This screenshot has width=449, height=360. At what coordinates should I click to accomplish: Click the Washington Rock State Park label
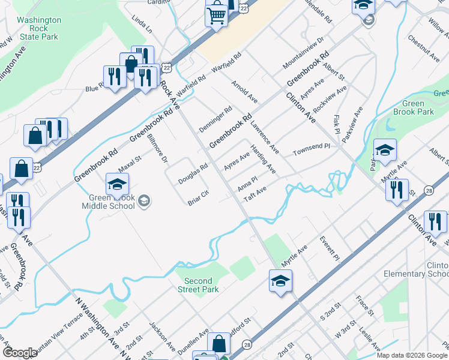pos(39,28)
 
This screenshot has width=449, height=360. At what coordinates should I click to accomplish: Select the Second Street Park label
pos(198,285)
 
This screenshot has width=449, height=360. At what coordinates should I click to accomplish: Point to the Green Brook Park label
pos(414,107)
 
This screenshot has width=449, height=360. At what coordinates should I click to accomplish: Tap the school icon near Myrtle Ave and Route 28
pos(280,281)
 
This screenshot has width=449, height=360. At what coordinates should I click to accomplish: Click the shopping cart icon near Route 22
pos(217,14)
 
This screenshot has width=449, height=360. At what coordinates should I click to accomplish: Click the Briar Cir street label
pos(198,198)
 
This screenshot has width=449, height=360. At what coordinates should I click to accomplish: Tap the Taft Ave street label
pos(255,194)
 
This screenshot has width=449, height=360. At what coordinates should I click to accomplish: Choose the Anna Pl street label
pos(247,184)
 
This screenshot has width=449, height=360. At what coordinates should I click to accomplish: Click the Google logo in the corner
pos(20,353)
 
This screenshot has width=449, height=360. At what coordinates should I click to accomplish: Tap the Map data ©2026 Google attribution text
pos(412,355)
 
